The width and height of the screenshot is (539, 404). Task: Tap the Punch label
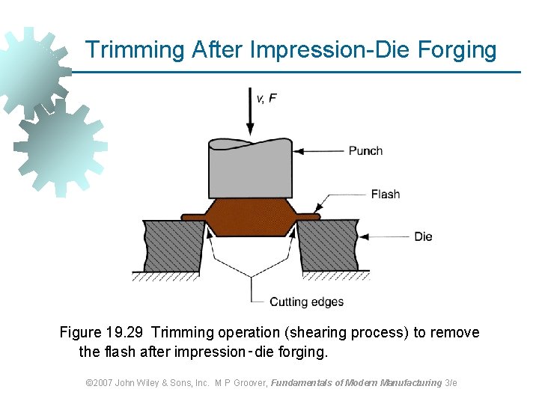[x=365, y=150]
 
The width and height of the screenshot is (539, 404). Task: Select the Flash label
[x=385, y=195]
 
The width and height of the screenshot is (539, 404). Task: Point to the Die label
[x=423, y=237]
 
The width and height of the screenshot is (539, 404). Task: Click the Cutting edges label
[x=306, y=302]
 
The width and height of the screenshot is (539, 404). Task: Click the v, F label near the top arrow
[x=267, y=98]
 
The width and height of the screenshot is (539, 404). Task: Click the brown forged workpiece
[x=250, y=218]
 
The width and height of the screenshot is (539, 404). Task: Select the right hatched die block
[x=329, y=245]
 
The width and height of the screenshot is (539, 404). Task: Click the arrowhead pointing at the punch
[x=298, y=150]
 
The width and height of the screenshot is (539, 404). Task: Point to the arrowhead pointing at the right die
[x=364, y=237]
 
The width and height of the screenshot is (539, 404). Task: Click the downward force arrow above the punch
[x=250, y=112]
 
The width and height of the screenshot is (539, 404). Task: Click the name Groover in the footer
[x=248, y=383]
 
